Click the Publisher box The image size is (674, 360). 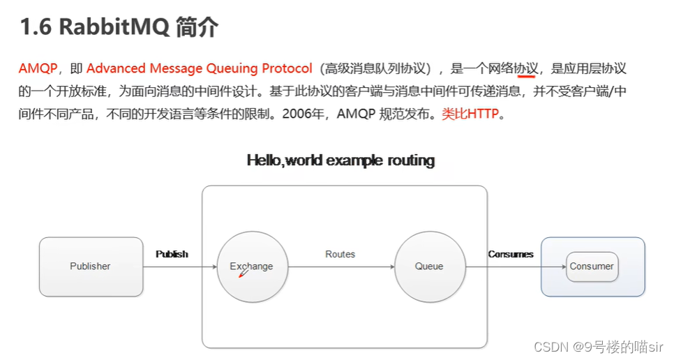[x=90, y=266]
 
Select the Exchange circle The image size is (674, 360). [x=251, y=267]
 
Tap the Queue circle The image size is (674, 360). [x=429, y=267]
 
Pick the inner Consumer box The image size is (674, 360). [x=592, y=266]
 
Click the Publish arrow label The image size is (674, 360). [x=172, y=254]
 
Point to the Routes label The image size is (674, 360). [x=340, y=254]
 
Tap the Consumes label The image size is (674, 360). [x=511, y=254]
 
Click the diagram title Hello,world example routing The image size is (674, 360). [x=340, y=160]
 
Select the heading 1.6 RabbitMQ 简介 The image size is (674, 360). [x=119, y=28]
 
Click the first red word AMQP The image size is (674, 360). [x=38, y=68]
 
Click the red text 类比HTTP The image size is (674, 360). [x=470, y=114]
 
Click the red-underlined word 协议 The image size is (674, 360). [x=526, y=68]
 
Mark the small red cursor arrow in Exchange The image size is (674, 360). [x=243, y=274]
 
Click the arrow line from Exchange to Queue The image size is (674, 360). [x=340, y=267]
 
